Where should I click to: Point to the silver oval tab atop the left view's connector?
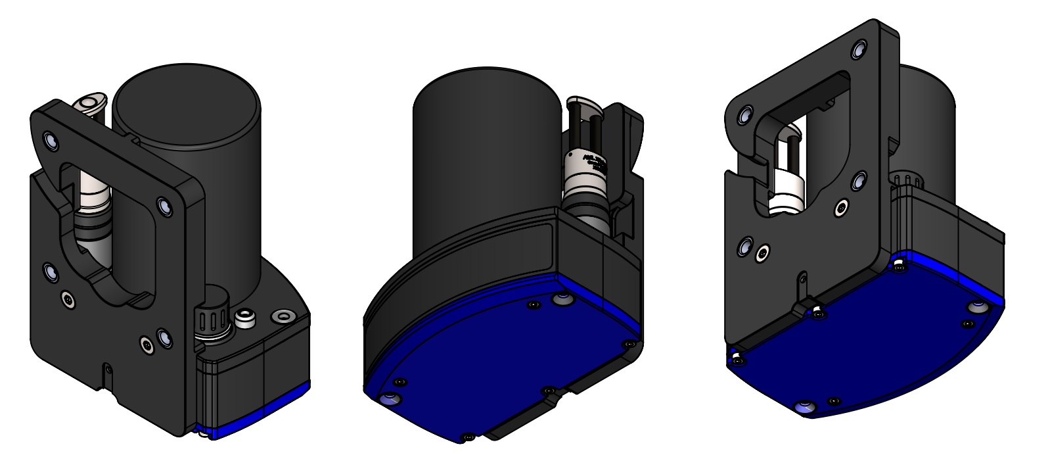tap(87, 104)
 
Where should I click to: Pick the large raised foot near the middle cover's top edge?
tap(562, 300)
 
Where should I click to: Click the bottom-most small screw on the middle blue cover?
tap(467, 436)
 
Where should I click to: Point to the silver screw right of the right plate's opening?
tap(842, 209)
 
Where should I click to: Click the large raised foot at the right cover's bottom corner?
tap(803, 408)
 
